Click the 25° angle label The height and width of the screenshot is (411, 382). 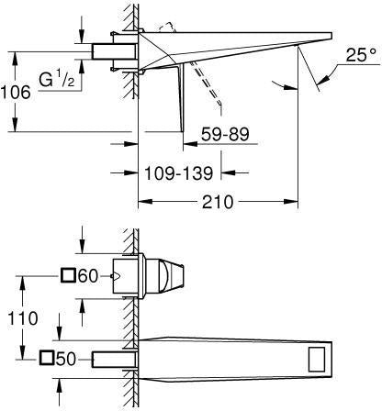click(361, 55)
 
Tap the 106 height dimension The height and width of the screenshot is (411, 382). click(16, 93)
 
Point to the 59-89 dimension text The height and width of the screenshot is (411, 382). click(225, 134)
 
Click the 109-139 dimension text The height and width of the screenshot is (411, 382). click(179, 173)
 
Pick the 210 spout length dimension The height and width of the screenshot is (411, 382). click(218, 202)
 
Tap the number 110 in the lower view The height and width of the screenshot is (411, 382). click(23, 318)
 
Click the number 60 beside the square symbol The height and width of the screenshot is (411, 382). click(88, 276)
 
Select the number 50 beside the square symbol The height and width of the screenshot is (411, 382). click(65, 359)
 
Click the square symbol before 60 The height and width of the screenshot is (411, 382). click(68, 275)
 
